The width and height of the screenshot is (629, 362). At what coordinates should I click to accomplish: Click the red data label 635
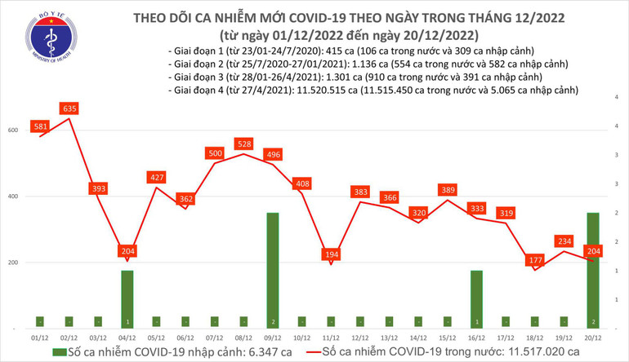[x=69, y=108]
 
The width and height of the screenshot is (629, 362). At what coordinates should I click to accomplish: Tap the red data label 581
[x=40, y=126]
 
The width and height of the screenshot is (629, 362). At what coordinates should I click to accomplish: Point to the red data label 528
[x=244, y=144]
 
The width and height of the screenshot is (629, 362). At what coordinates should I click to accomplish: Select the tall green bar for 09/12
[x=273, y=269]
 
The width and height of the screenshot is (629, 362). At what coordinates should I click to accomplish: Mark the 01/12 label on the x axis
[x=40, y=336]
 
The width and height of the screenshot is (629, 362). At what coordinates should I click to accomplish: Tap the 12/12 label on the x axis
[x=359, y=336]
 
